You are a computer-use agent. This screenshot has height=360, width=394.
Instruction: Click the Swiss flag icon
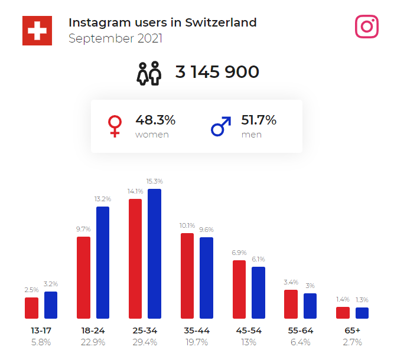click(x=37, y=30)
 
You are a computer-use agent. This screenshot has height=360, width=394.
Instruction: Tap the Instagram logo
click(x=367, y=27)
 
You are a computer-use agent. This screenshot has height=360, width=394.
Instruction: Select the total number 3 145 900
click(x=217, y=72)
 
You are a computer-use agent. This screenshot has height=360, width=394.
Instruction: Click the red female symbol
click(x=115, y=126)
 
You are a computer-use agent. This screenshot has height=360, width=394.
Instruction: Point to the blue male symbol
click(x=221, y=126)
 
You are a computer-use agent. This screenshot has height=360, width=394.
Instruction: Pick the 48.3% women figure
click(x=155, y=120)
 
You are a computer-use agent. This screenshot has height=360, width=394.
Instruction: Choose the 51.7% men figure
click(x=259, y=120)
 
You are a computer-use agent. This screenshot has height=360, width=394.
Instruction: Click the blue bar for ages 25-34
click(x=155, y=254)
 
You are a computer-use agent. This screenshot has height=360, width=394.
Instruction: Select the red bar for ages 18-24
click(x=83, y=277)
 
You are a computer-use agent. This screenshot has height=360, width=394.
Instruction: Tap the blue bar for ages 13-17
click(x=51, y=305)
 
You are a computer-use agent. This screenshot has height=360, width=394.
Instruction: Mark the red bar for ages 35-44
click(x=187, y=276)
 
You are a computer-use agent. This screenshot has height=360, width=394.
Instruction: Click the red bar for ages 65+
click(x=343, y=313)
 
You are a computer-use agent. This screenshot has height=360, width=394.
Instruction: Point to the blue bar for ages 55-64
click(x=310, y=306)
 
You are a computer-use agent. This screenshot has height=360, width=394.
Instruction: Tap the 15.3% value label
click(x=155, y=181)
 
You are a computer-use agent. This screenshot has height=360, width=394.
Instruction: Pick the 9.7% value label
click(x=83, y=229)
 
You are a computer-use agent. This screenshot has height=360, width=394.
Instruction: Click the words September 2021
click(x=115, y=39)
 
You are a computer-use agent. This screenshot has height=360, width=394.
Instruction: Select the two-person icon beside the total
click(x=149, y=73)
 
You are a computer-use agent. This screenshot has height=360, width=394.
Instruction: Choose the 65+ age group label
click(x=353, y=330)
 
